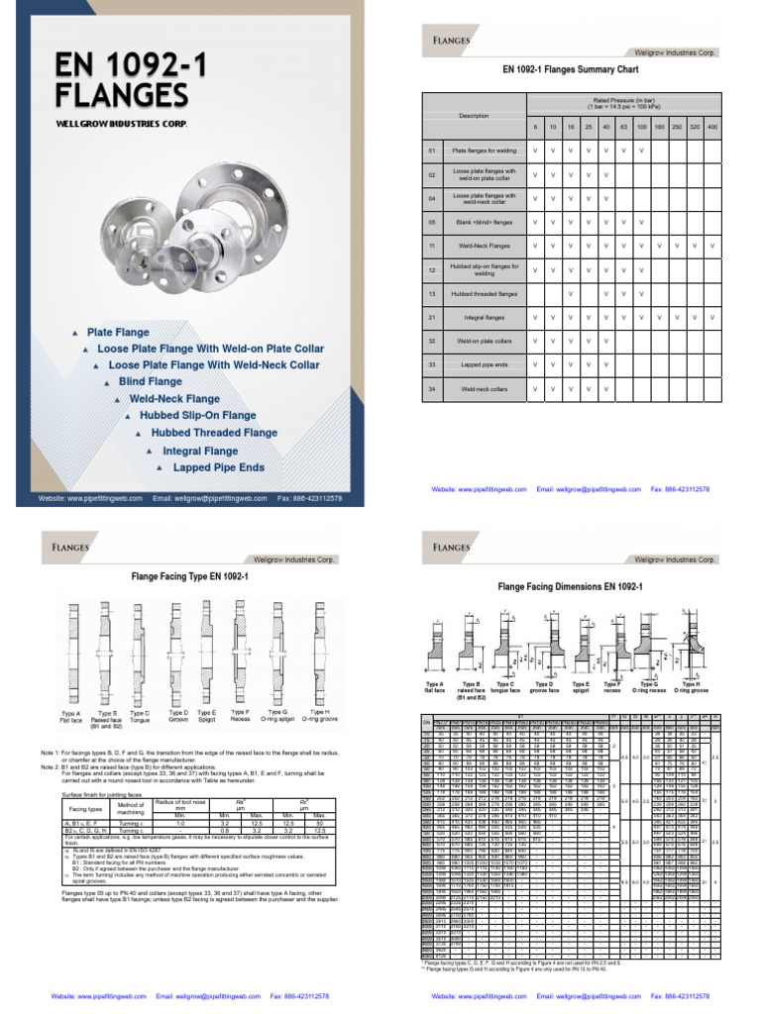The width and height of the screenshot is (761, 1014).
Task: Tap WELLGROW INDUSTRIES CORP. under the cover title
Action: [120, 124]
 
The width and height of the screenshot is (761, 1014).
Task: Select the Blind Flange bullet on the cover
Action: [150, 381]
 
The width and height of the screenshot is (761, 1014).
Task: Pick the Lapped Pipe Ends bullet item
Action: [218, 466]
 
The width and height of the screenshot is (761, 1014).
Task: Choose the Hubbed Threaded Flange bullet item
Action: [214, 433]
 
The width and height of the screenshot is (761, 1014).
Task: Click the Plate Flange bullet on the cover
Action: [118, 332]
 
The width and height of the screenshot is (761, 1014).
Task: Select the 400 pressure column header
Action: [711, 128]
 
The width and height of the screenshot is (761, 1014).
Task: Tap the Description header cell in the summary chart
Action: [473, 116]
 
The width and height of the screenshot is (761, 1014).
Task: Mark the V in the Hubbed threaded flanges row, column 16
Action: [569, 294]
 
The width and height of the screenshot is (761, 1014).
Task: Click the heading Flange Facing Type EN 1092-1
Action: [189, 575]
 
